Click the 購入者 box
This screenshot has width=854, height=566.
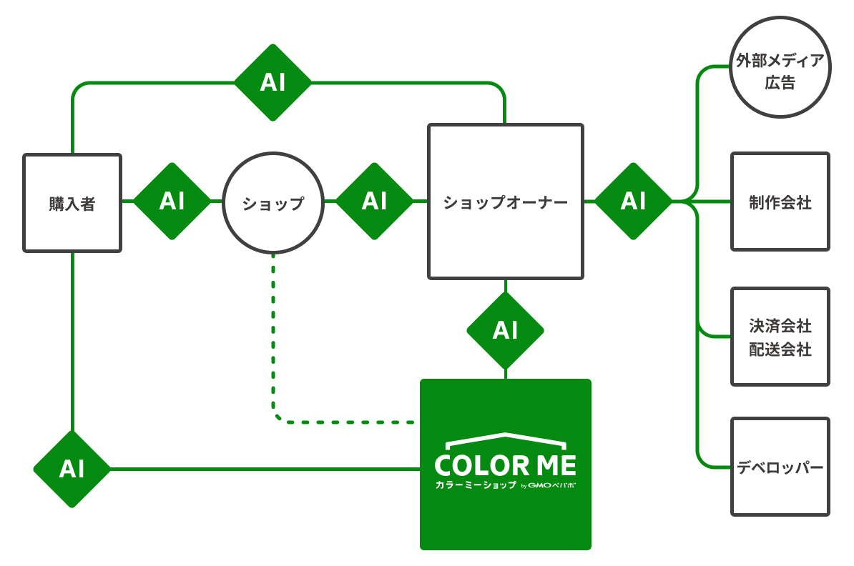click(x=72, y=203)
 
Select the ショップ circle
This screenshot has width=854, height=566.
click(x=273, y=203)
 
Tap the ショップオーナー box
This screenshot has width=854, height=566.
click(x=505, y=202)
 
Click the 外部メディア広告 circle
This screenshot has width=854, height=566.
click(x=780, y=71)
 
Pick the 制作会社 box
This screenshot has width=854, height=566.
click(x=780, y=202)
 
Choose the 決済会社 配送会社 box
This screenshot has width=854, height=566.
click(x=780, y=337)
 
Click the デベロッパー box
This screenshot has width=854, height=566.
click(x=780, y=467)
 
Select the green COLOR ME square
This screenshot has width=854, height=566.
click(x=505, y=515)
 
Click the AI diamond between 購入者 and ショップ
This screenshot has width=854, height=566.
click(x=172, y=202)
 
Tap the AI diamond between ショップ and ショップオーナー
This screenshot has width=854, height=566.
click(x=374, y=202)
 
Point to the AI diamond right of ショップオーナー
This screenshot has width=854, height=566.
click(x=633, y=202)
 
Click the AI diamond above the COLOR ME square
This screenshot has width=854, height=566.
click(x=505, y=330)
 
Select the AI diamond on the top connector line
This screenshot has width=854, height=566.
click(x=273, y=83)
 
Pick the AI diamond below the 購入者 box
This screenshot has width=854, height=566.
click(x=72, y=469)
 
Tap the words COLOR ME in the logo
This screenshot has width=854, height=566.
click(x=505, y=466)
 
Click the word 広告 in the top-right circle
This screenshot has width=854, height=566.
click(x=780, y=83)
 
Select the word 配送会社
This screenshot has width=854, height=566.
click(x=780, y=350)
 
